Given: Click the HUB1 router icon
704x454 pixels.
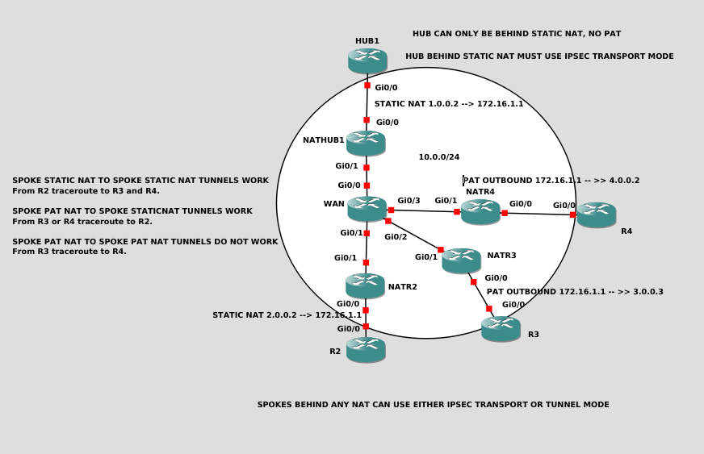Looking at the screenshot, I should (x=367, y=60).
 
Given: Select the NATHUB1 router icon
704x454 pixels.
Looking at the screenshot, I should (x=366, y=143).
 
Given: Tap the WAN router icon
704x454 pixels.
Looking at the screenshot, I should (x=367, y=208).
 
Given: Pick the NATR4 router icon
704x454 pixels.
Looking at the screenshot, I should (x=480, y=211).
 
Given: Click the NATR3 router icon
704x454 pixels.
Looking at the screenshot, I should (x=461, y=260).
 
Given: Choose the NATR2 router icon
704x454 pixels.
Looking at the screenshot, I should (x=365, y=285).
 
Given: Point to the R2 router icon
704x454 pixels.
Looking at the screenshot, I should (x=366, y=349).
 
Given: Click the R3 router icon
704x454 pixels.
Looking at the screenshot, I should (x=501, y=328).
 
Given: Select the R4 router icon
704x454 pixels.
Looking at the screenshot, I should (x=596, y=215).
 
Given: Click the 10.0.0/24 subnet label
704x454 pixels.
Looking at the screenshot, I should (x=438, y=157).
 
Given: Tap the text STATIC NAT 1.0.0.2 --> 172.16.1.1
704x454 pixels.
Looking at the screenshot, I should (x=449, y=104).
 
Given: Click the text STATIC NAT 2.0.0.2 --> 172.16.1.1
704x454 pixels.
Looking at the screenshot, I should (x=287, y=315).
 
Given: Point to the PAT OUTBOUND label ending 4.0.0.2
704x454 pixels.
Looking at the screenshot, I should (x=551, y=181).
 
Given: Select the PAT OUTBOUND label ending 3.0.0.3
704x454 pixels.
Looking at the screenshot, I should (x=575, y=292).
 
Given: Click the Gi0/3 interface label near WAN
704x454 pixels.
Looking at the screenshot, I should (x=409, y=201).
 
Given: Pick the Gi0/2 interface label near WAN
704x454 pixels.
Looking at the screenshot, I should (x=396, y=237).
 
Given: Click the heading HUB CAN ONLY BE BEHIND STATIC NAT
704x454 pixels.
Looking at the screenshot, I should (x=517, y=34).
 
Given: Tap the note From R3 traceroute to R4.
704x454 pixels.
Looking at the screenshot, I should (x=69, y=252).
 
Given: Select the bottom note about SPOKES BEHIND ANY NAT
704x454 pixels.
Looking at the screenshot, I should (x=433, y=405).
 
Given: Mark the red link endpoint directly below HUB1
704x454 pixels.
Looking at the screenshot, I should (x=367, y=85).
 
